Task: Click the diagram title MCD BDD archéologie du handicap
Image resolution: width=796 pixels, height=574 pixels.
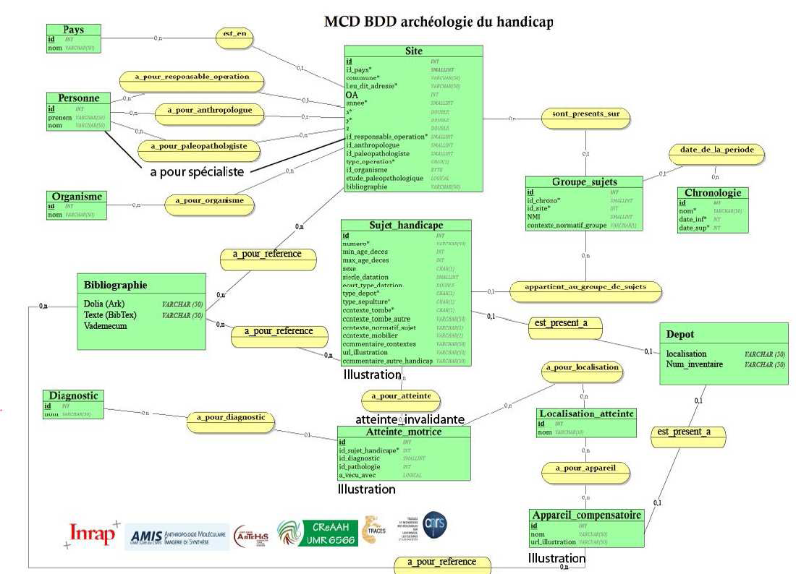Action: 439,22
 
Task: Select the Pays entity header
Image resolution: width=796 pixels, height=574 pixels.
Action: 73,30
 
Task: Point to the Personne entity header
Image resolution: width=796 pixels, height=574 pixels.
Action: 78,98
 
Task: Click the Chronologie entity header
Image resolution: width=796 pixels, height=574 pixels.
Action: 713,193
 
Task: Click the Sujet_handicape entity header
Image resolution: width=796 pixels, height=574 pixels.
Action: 406,226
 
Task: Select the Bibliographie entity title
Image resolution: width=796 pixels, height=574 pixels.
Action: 116,285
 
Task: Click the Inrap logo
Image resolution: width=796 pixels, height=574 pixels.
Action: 92,534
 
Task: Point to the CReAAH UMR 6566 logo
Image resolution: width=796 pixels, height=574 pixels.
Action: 318,533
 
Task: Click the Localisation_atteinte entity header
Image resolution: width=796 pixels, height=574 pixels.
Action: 585,414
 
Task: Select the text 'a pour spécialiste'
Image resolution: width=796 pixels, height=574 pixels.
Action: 196,171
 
